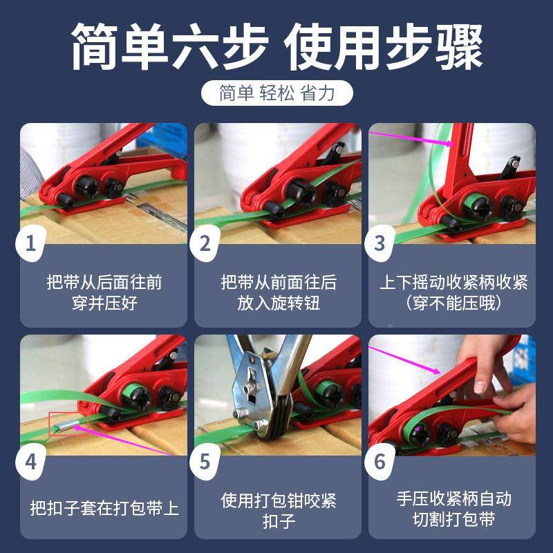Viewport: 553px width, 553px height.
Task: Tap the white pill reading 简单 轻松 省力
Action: (x=276, y=93)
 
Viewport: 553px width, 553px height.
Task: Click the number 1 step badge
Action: (x=30, y=243)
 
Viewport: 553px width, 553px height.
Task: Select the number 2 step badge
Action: (x=205, y=243)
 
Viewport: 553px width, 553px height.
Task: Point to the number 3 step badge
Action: (x=379, y=243)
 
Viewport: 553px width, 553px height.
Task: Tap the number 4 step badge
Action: (x=30, y=461)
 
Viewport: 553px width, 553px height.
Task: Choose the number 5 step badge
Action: (x=205, y=461)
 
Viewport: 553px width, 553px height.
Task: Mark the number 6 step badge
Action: (x=379, y=461)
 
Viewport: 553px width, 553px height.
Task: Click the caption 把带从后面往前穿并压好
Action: (x=104, y=292)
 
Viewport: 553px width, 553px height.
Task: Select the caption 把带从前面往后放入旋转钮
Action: (x=279, y=292)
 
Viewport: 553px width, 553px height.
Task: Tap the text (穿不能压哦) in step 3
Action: (x=453, y=303)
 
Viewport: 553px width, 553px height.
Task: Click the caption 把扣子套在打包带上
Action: (x=104, y=508)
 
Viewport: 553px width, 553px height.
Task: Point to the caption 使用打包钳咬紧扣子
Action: (x=279, y=509)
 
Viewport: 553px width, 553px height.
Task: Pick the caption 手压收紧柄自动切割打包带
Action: (x=453, y=509)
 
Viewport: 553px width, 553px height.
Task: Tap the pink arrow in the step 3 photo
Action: (x=412, y=138)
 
